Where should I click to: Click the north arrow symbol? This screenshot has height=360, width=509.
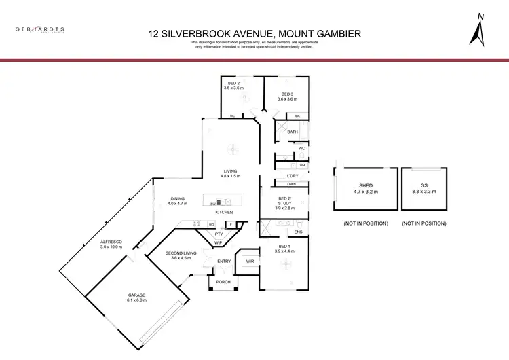point(480,31)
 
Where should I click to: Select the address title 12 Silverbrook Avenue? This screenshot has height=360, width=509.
point(254,33)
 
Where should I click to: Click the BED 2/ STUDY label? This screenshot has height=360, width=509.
point(284,202)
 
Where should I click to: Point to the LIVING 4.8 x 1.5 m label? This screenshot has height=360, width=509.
point(231,174)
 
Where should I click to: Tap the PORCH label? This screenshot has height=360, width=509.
point(223,281)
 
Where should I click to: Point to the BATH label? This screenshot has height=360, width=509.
point(293,132)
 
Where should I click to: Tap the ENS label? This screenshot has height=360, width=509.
point(298,232)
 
